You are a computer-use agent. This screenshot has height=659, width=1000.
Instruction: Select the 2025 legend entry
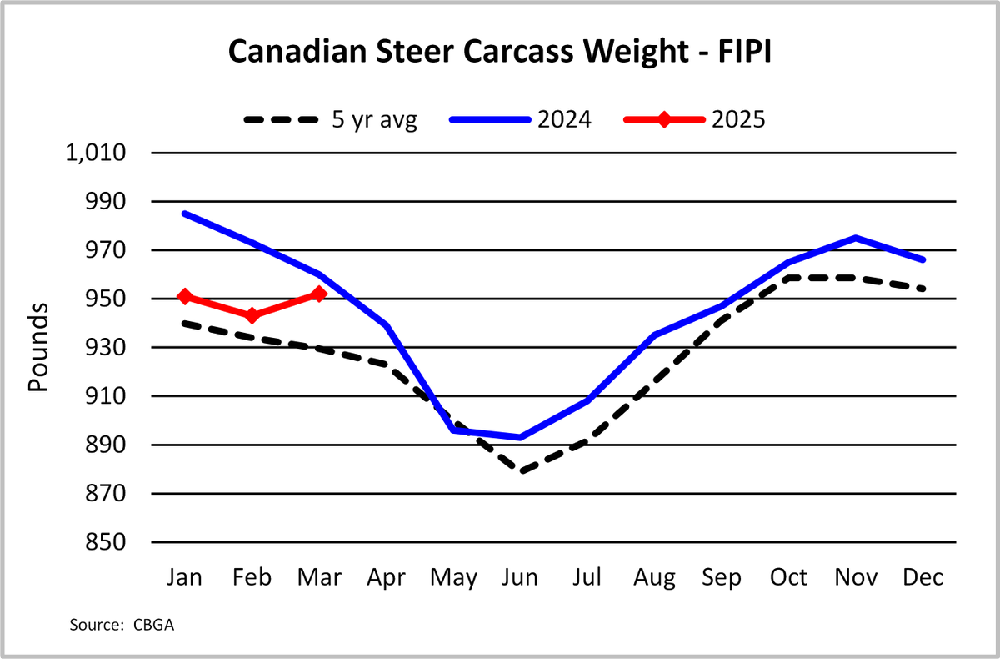[695, 119]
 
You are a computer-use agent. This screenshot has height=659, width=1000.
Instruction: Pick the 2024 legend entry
[521, 119]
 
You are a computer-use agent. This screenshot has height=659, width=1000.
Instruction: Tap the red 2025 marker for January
[185, 296]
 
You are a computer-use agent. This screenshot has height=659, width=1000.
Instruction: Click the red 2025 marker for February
[252, 315]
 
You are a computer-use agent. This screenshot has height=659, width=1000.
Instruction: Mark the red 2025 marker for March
[319, 294]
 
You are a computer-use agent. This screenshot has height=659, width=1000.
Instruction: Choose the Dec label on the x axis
[922, 578]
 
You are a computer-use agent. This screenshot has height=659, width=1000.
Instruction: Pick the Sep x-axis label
[722, 578]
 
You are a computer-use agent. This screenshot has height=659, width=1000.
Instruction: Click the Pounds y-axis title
[38, 348]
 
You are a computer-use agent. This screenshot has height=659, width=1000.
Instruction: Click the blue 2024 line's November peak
[856, 238]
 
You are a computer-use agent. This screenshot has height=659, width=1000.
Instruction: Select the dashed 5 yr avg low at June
[521, 471]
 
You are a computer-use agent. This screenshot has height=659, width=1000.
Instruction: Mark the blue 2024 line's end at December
[922, 260]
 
